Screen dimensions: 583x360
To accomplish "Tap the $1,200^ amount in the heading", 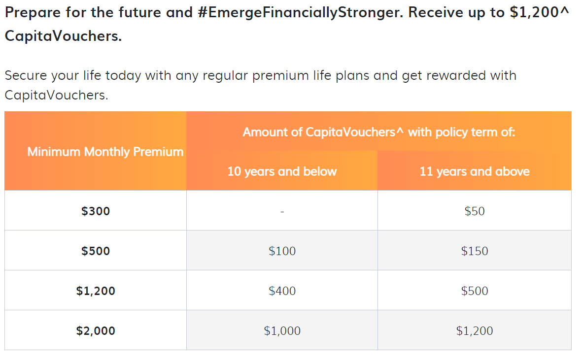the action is pyautogui.click(x=540, y=13).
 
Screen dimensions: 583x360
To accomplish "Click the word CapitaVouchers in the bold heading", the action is pyautogui.click(x=63, y=36).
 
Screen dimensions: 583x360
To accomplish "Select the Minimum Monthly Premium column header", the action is pyautogui.click(x=105, y=152).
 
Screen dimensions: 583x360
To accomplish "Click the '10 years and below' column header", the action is pyautogui.click(x=282, y=171).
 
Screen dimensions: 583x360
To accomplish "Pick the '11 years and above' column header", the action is pyautogui.click(x=475, y=171).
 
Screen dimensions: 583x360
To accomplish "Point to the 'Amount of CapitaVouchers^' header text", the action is pyautogui.click(x=323, y=132).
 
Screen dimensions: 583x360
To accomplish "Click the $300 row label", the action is pyautogui.click(x=96, y=211).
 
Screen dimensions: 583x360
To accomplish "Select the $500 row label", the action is pyautogui.click(x=96, y=251).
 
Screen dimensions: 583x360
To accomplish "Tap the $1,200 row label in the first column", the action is pyautogui.click(x=96, y=291).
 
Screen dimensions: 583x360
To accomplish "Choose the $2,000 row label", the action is pyautogui.click(x=96, y=330).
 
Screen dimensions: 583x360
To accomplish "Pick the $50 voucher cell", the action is pyautogui.click(x=475, y=211).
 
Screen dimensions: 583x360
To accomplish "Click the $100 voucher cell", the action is pyautogui.click(x=282, y=251).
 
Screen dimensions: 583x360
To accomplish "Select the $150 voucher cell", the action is pyautogui.click(x=475, y=251).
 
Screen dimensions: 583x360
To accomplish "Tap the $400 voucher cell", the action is pyautogui.click(x=282, y=291).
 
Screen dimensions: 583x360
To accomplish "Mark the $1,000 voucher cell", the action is pyautogui.click(x=282, y=330).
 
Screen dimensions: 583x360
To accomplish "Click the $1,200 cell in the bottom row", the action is pyautogui.click(x=475, y=330).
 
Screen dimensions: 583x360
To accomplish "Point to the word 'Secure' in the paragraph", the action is pyautogui.click(x=26, y=75).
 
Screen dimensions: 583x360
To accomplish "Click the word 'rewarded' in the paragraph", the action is pyautogui.click(x=455, y=75).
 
